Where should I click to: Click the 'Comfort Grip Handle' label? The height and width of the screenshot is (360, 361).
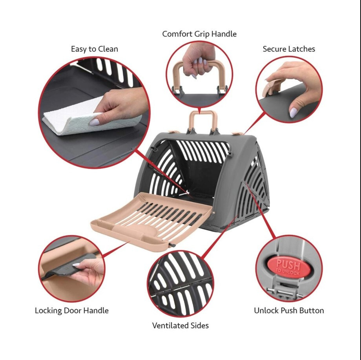click(x=199, y=34)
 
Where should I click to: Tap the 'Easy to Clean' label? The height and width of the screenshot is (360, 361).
click(x=94, y=49)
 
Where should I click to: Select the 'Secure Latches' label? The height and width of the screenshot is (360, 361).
click(x=289, y=49)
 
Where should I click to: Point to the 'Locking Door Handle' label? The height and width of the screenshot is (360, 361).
click(x=72, y=311)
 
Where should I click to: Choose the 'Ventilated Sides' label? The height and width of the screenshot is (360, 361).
click(x=180, y=325)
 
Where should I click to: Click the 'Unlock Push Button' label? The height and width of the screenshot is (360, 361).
click(x=289, y=311)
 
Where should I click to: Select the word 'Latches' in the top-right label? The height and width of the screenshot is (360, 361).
click(x=301, y=49)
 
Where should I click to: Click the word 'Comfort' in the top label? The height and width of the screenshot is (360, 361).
click(x=177, y=34)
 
